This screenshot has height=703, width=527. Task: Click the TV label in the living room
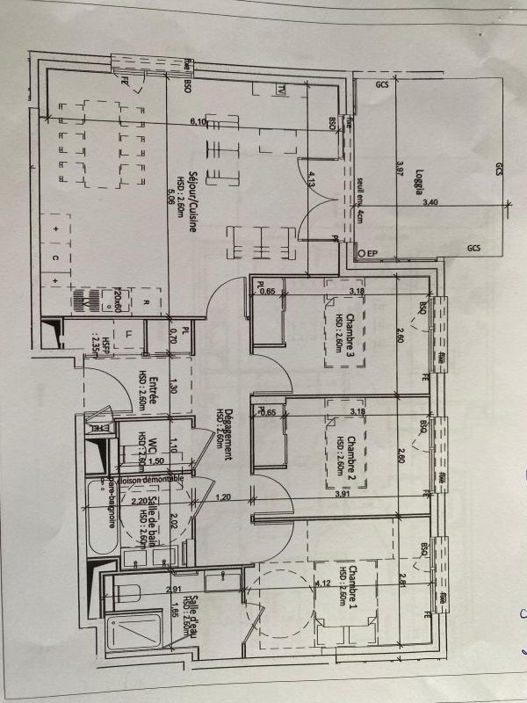tap(282, 90)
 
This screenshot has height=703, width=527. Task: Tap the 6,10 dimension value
tap(197, 122)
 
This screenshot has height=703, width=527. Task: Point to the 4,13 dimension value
tap(312, 181)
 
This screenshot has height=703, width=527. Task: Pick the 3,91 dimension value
tap(343, 495)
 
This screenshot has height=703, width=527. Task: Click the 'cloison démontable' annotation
tap(151, 479)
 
